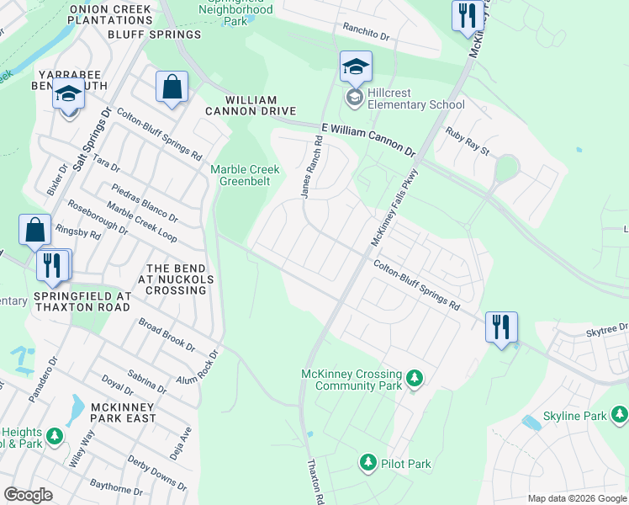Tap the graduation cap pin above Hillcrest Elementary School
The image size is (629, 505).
click(356, 66)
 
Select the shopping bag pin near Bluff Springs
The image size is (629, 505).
click(172, 88)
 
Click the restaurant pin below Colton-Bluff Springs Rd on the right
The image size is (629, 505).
click(501, 326)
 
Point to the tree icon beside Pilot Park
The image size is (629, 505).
click(367, 463)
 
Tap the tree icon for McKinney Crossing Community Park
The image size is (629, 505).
click(414, 380)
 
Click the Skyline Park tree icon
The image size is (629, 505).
click(620, 414)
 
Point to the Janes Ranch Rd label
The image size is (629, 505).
click(313, 168)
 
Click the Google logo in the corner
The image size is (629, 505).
click(28, 495)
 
